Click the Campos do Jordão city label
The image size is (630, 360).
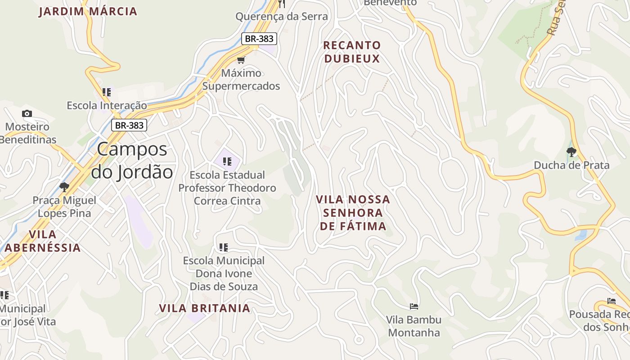point(132,161)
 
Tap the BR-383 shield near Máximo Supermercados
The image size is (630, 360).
point(259,39)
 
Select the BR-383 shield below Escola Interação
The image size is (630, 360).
point(129,125)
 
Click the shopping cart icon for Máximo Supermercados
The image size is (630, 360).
point(241,60)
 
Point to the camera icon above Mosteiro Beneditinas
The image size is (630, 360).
point(27,114)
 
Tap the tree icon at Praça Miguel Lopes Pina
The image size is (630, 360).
point(64,187)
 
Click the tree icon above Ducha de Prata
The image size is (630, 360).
point(571,152)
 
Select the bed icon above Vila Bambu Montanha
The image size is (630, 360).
point(414,306)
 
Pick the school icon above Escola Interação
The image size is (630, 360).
point(107,92)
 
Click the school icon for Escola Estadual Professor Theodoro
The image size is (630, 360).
point(227,161)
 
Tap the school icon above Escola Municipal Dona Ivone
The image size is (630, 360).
point(224,247)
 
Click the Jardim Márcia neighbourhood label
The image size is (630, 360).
point(88,11)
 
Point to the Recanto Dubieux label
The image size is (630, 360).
point(352,52)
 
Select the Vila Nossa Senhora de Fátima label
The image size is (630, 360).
point(353,212)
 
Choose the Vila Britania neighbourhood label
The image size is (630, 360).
point(204,308)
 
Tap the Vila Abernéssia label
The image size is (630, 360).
point(43,241)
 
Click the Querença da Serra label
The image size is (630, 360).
point(282,17)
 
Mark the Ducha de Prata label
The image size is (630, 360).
point(571,165)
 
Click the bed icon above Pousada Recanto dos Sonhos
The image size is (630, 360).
point(611,301)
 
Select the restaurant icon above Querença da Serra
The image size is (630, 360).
point(282,4)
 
